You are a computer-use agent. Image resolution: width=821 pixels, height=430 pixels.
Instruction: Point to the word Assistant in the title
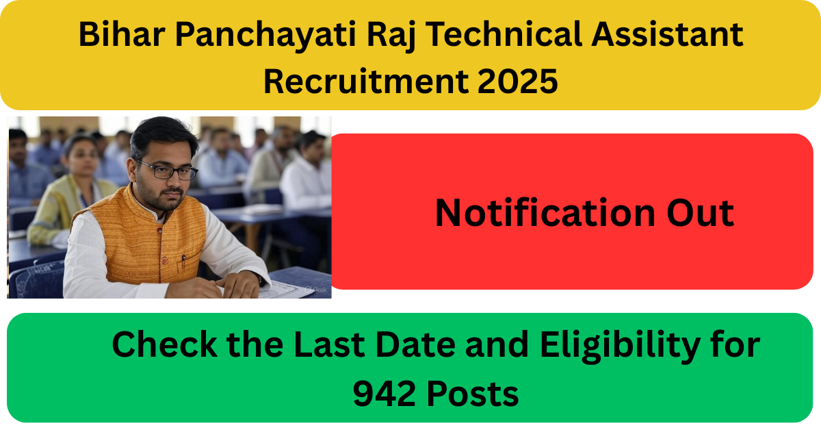coord(667,34)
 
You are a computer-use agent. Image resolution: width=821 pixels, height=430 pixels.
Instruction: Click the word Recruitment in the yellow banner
coord(366,81)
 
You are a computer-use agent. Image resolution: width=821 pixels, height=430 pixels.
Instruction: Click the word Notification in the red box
coord(545,213)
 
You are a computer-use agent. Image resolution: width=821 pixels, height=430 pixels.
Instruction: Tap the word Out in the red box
coord(701,213)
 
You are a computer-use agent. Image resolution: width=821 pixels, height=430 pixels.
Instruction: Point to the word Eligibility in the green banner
coord(620,346)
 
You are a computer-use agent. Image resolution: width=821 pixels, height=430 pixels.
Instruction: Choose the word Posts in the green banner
coord(473,394)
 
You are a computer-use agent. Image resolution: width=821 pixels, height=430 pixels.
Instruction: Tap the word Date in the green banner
coord(416,344)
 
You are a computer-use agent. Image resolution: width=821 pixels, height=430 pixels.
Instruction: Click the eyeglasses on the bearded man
coord(167,170)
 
